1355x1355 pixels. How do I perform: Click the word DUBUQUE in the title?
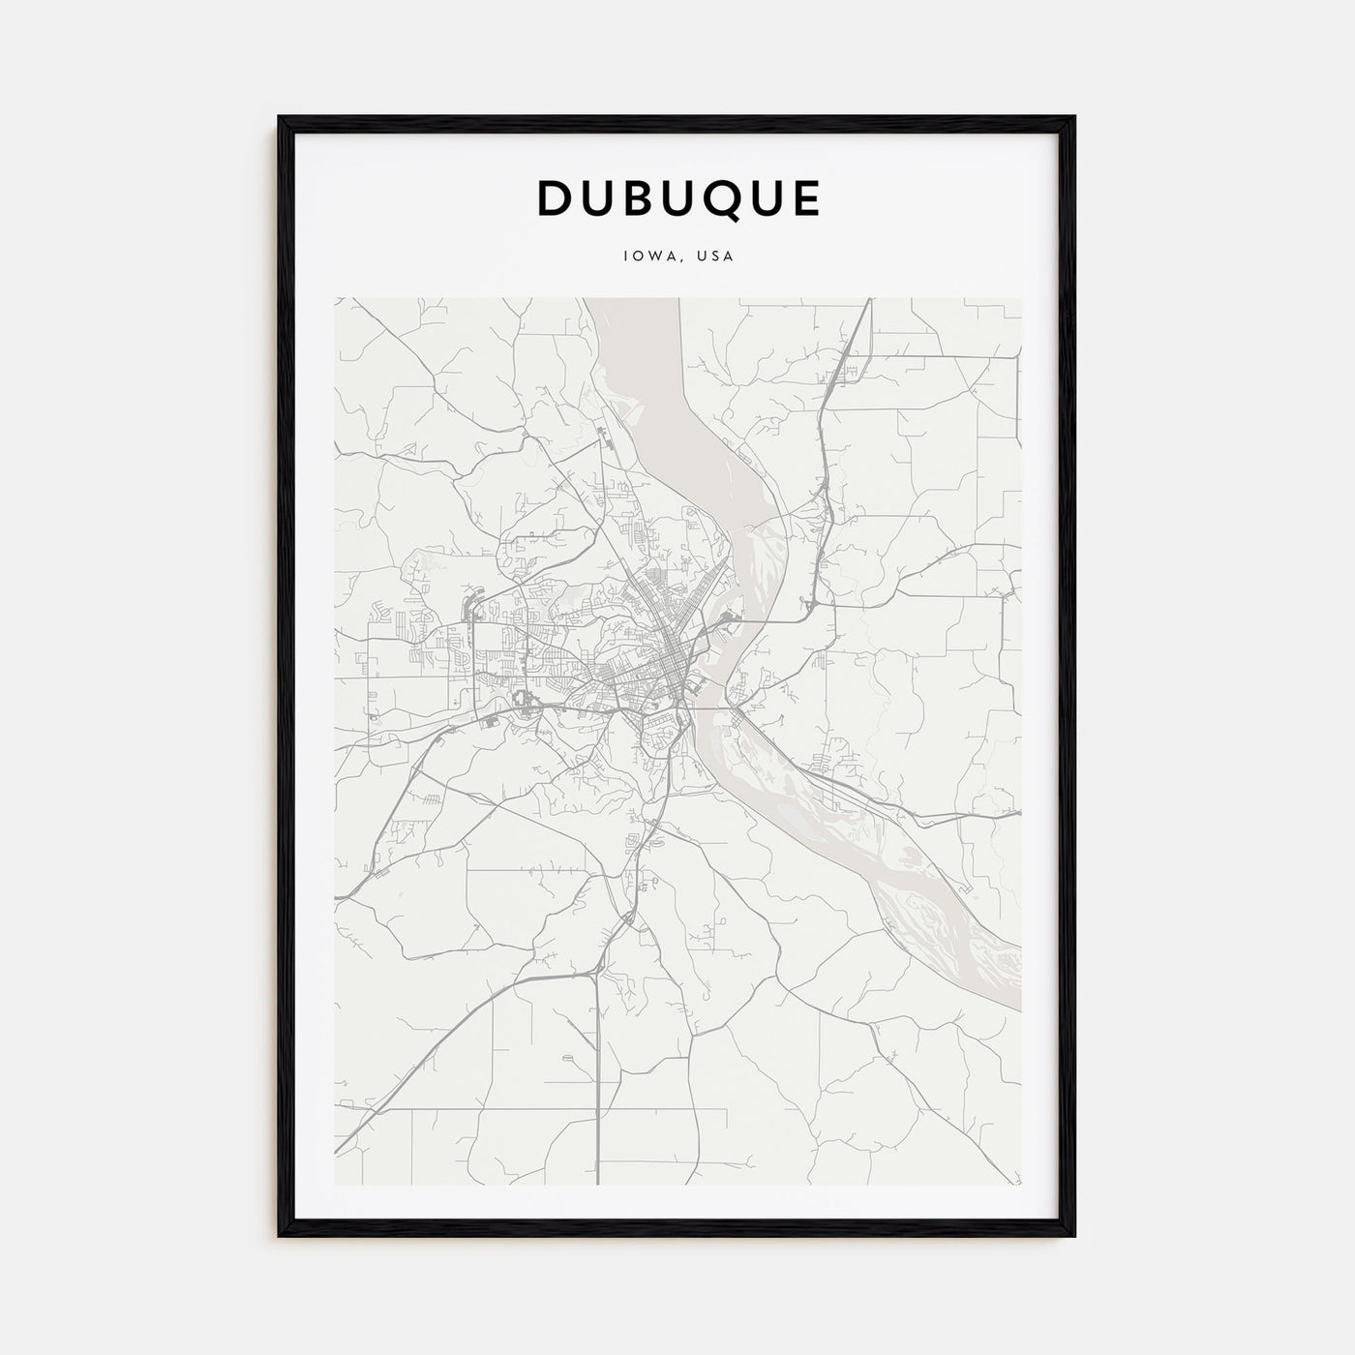coord(678,198)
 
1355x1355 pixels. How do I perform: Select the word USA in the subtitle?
coord(716,257)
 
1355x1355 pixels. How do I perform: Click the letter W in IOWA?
coord(651,257)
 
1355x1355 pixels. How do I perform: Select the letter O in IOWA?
coord(637,257)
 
